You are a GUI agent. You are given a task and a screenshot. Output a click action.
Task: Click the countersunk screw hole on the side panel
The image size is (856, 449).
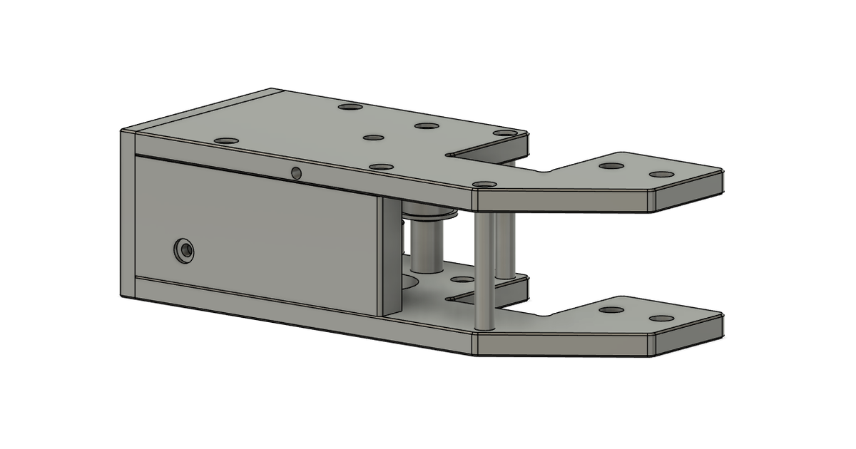pos(185,250)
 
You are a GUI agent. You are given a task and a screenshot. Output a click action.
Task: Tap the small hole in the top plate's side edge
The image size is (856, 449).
pos(296,172)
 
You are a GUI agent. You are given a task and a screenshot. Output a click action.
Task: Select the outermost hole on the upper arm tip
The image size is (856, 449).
pos(661,174)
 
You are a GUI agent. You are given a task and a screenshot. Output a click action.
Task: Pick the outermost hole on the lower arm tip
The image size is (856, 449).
pos(661,318)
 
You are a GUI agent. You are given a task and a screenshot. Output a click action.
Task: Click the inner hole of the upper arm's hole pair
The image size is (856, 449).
pos(611,165)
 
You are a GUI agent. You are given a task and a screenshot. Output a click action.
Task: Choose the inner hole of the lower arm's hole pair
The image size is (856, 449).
pos(611,310)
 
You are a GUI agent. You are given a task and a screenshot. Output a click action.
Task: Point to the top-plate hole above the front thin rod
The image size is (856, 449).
pos(485,184)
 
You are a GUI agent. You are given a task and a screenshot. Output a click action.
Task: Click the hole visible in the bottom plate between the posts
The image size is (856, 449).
pos(463,279)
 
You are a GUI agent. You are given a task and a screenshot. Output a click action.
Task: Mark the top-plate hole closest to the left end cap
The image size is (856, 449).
pos(226,141)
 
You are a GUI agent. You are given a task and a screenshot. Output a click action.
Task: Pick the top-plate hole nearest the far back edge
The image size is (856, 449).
pos(350,107)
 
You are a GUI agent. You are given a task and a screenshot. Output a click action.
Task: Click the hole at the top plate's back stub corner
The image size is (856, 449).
pos(504,133)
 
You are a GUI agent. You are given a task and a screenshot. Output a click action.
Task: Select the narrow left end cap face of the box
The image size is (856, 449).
pos(128,214)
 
